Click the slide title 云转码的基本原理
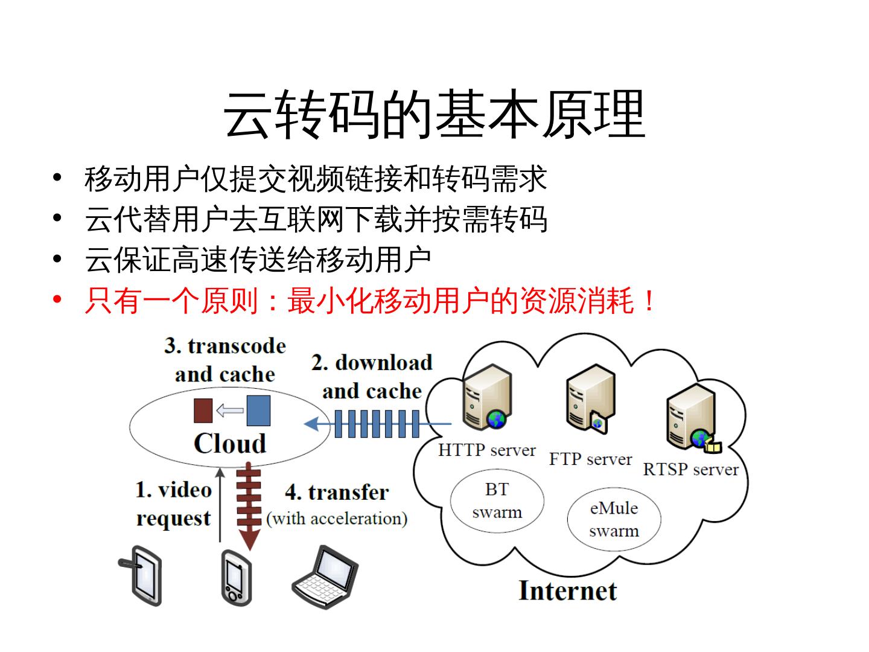[434, 115]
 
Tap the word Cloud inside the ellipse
[230, 444]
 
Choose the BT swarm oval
[497, 500]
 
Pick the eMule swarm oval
[614, 519]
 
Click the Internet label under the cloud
[567, 591]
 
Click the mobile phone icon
[236, 577]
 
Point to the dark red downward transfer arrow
[249, 507]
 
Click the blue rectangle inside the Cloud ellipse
[258, 411]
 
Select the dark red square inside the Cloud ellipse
[203, 411]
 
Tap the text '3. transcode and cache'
[225, 360]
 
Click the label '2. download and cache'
[372, 377]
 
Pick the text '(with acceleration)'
[337, 519]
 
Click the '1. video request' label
[174, 503]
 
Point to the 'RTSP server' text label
[690, 470]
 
